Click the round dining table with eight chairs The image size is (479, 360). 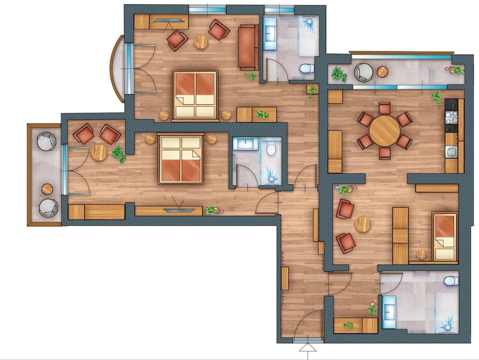[x=385, y=130]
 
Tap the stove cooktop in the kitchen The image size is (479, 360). [x=451, y=117]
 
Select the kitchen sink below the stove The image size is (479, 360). [x=451, y=152]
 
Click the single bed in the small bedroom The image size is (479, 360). [x=445, y=236]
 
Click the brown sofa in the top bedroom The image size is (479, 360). [x=248, y=46]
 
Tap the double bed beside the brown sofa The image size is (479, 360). [x=195, y=94]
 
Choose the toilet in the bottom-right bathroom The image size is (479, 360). [x=451, y=281]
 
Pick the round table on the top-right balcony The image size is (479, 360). [x=382, y=72]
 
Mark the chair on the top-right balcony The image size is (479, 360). [x=363, y=72]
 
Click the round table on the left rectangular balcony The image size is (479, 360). [x=47, y=189]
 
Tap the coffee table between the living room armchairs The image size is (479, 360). [x=363, y=224]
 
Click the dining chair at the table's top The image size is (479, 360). [x=385, y=108]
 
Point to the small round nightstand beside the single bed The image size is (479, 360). [x=421, y=254]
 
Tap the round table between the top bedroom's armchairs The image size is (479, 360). [x=201, y=42]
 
